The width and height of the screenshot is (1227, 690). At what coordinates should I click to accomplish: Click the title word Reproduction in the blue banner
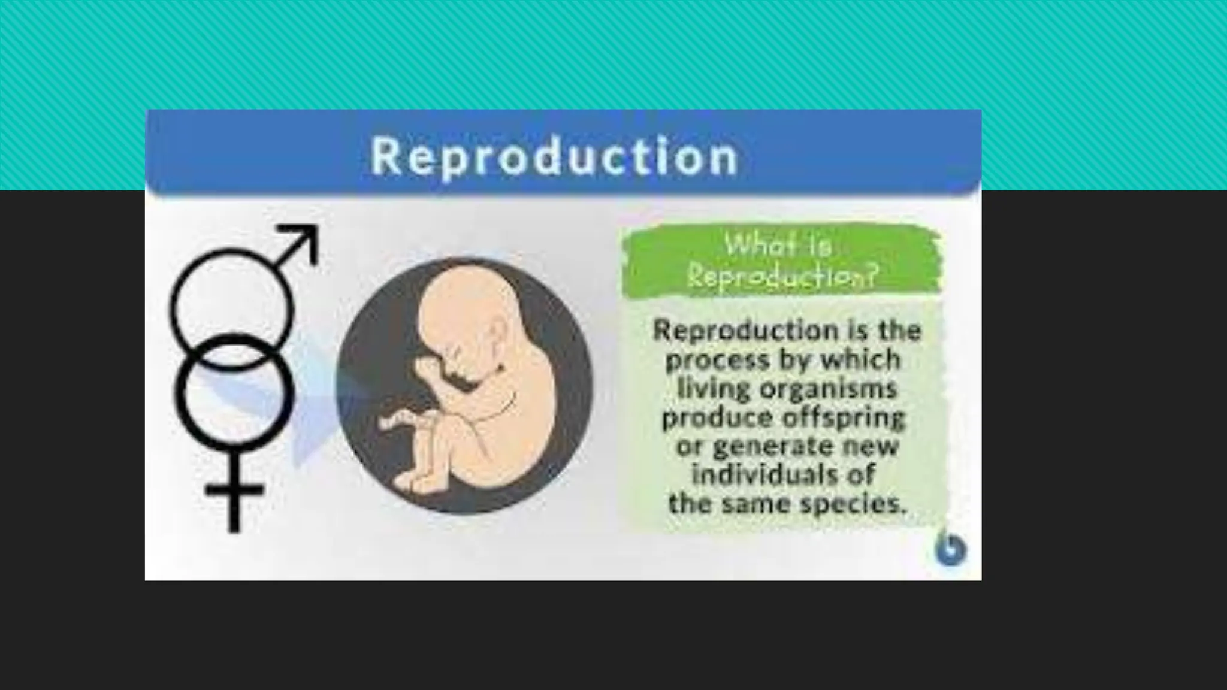[554, 157]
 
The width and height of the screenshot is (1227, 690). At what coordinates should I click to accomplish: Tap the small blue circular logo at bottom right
[951, 549]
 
